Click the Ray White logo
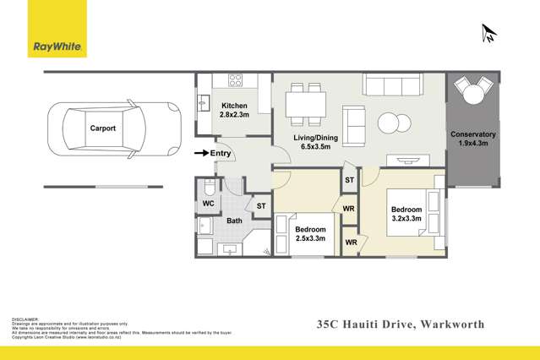(57, 31)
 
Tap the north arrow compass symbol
(488, 34)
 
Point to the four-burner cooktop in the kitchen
(235, 81)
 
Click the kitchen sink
(204, 102)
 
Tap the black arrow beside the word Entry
(200, 153)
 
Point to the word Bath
(234, 221)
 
